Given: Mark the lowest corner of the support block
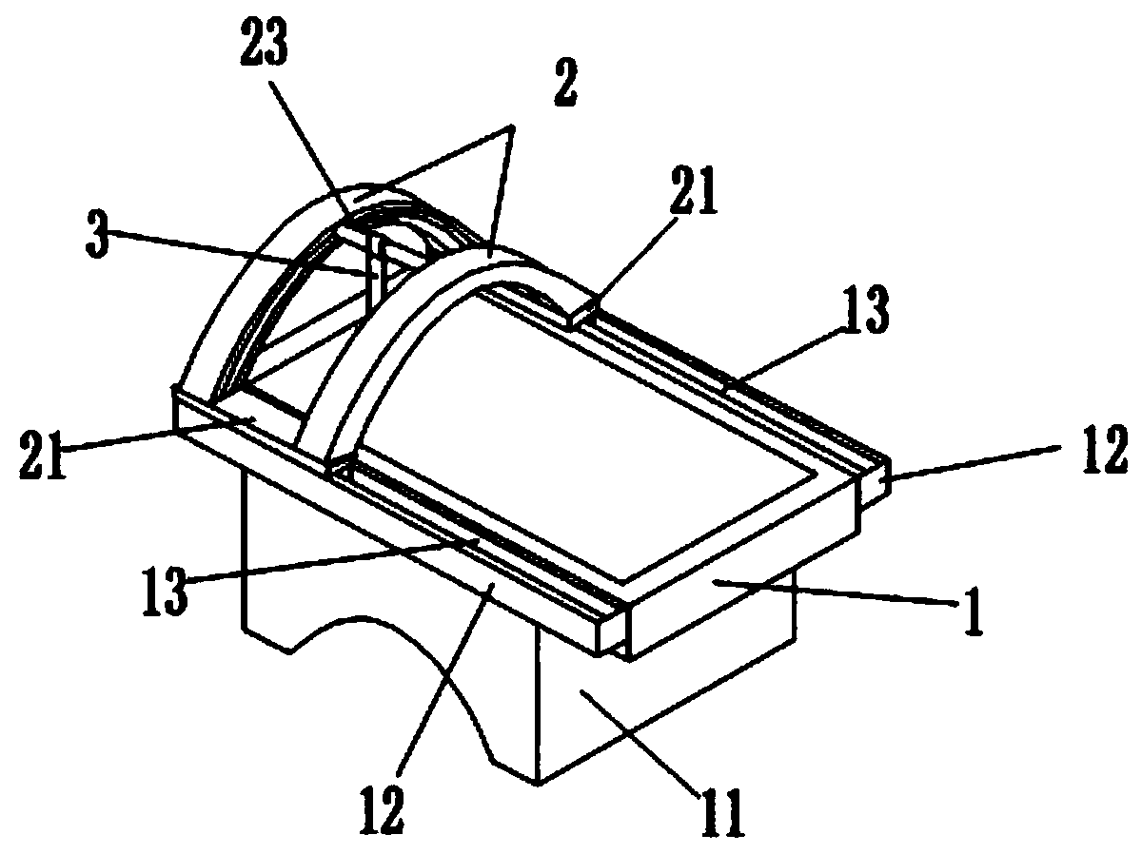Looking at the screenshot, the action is click(539, 784).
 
